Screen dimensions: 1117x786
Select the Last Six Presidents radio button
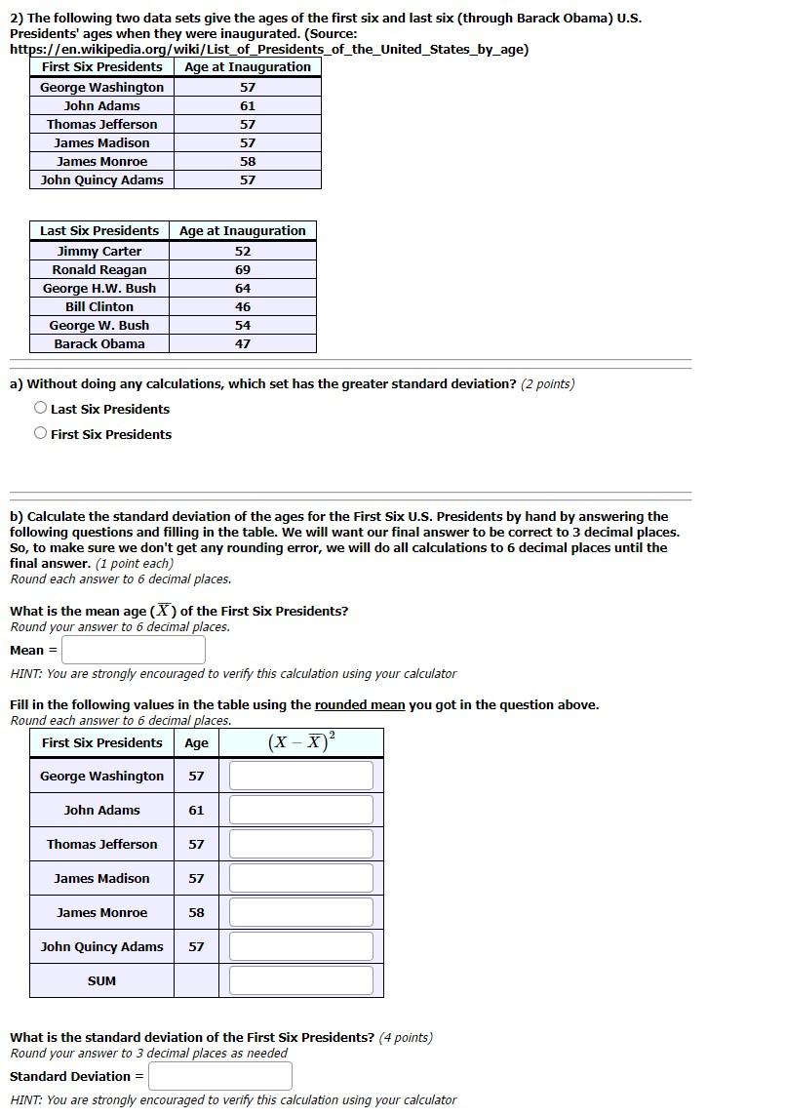40,409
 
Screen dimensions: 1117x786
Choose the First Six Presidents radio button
40,434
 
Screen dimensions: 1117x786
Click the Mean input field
134,650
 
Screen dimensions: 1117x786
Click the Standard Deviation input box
220,1076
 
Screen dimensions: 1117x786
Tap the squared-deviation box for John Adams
301,810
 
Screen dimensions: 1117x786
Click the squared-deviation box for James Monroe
301,912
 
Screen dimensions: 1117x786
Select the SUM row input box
301,980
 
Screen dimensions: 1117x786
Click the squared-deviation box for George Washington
301,776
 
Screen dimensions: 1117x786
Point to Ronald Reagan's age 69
243,269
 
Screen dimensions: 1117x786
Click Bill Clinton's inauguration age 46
243,306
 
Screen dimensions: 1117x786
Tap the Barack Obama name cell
99,343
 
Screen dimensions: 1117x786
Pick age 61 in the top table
248,105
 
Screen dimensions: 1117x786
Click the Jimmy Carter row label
99,251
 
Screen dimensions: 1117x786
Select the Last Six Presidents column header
99,231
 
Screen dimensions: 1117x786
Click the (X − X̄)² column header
300,742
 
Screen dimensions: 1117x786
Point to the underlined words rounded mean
359,704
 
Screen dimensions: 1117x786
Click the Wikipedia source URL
269,49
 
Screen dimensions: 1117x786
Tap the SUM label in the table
101,980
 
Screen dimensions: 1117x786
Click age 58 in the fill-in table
196,912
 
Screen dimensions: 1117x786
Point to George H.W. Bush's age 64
243,288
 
